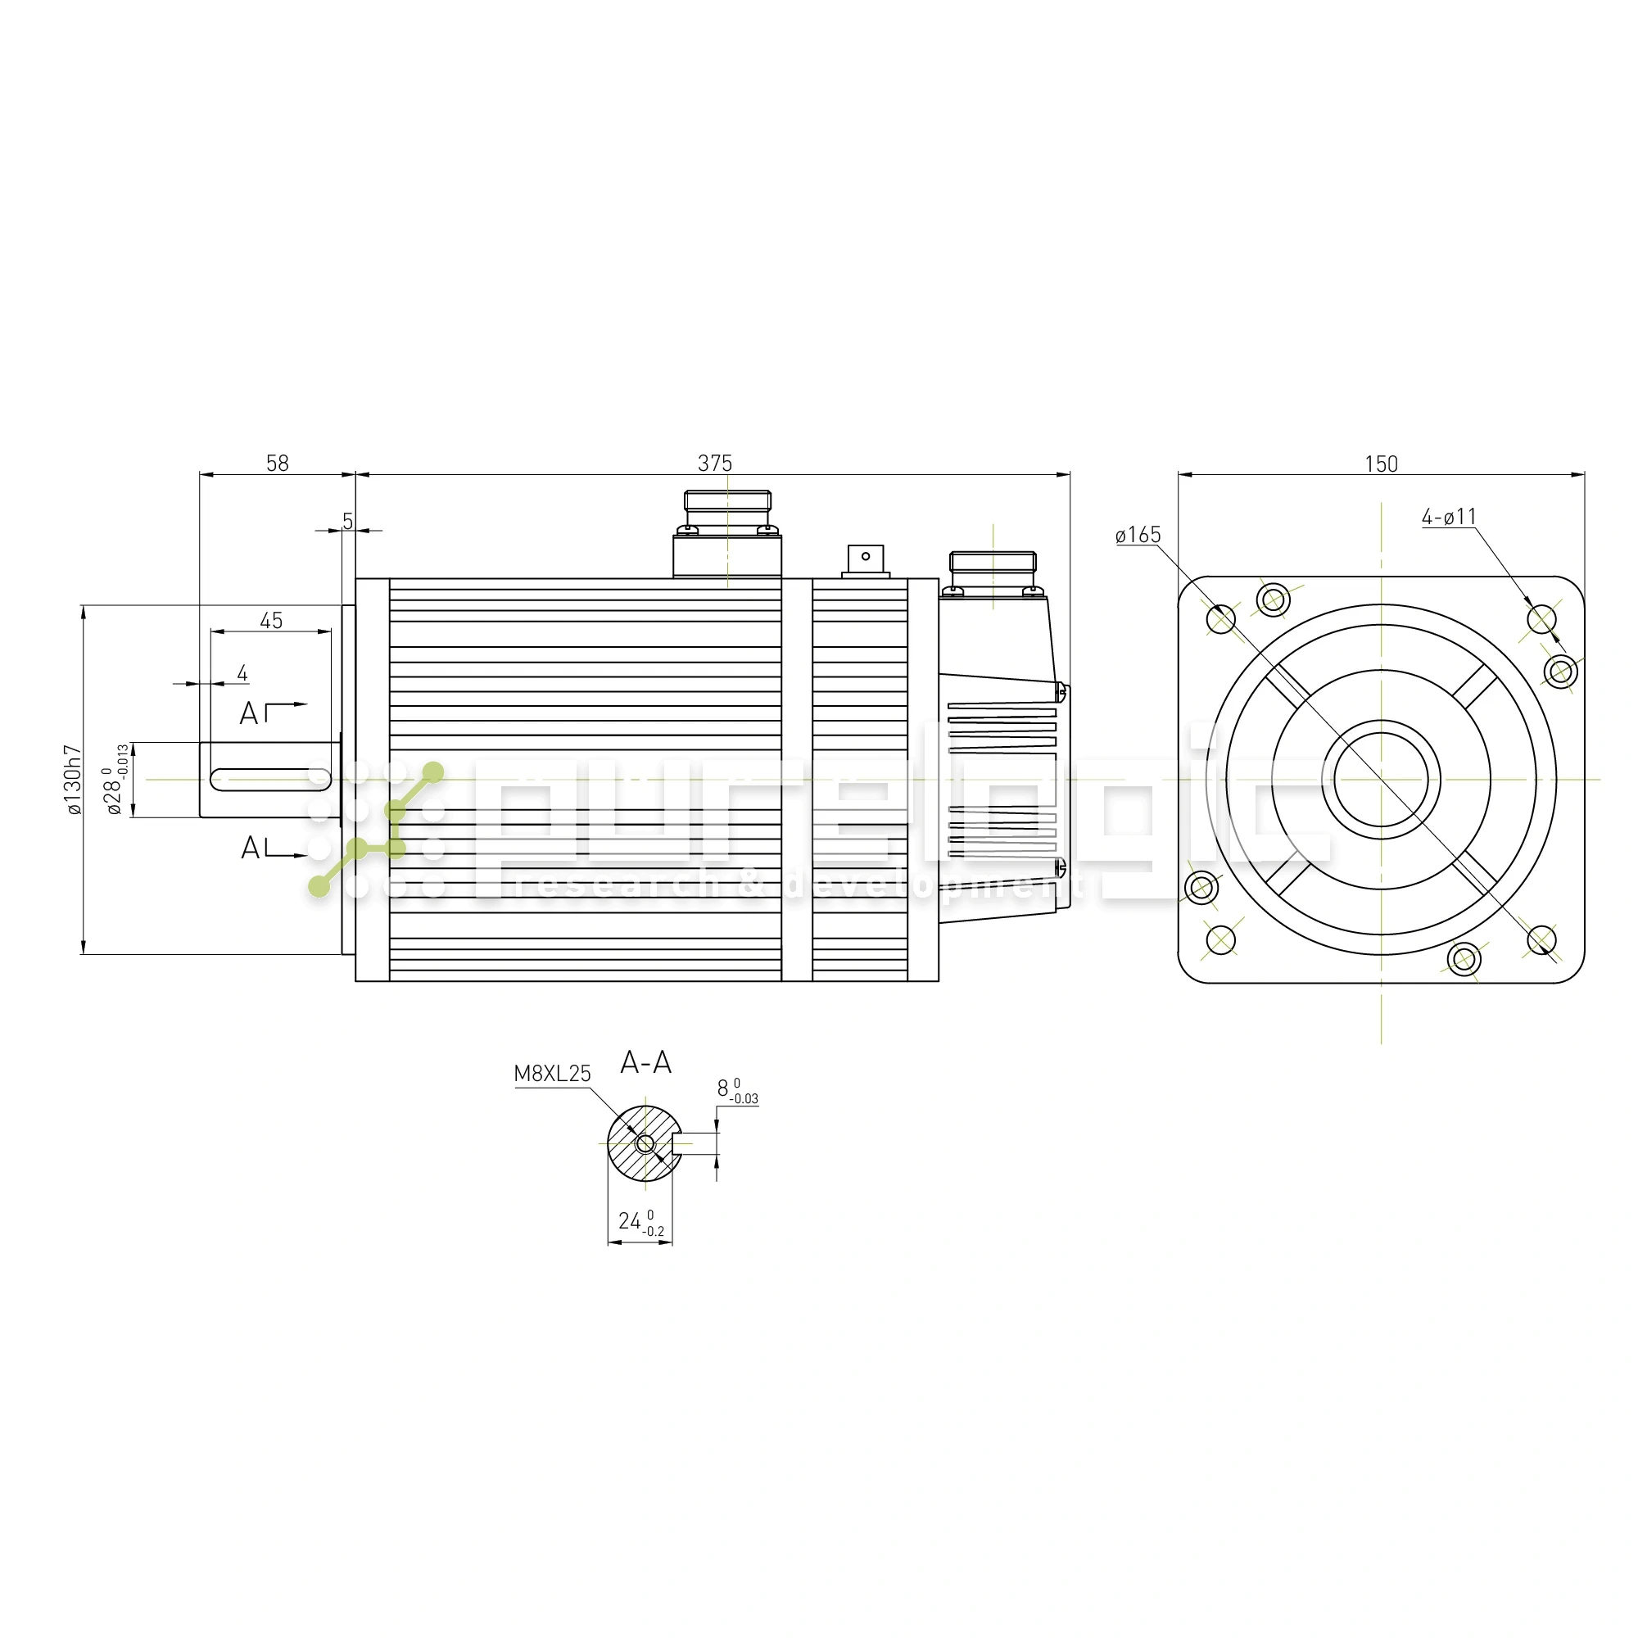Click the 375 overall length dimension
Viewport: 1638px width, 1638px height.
click(x=714, y=463)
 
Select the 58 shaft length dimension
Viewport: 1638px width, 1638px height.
click(x=278, y=463)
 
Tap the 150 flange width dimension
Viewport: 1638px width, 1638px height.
click(x=1380, y=464)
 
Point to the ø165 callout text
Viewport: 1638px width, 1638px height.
click(x=1138, y=535)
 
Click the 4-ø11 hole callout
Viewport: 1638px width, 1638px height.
click(x=1449, y=516)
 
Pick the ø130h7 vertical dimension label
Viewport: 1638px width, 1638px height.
click(x=75, y=779)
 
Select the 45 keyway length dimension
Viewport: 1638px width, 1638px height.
click(x=270, y=621)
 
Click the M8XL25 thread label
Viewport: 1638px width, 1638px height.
click(x=552, y=1074)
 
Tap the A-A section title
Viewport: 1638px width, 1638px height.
click(x=646, y=1062)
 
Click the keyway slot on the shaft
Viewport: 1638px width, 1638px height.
click(x=269, y=779)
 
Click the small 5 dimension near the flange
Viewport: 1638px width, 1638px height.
click(x=347, y=521)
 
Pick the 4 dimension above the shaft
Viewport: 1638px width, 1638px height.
click(x=242, y=673)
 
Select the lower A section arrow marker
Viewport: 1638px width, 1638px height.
click(x=271, y=847)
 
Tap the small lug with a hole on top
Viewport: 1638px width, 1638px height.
click(x=865, y=558)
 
